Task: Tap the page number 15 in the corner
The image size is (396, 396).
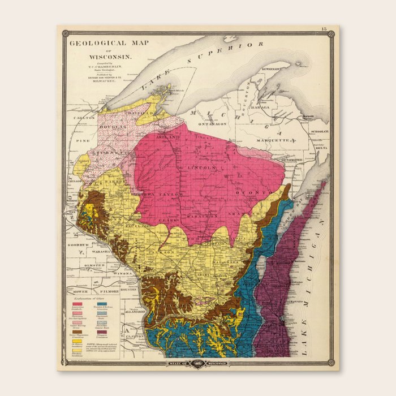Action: click(x=324, y=29)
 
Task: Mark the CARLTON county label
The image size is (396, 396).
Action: click(x=81, y=118)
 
